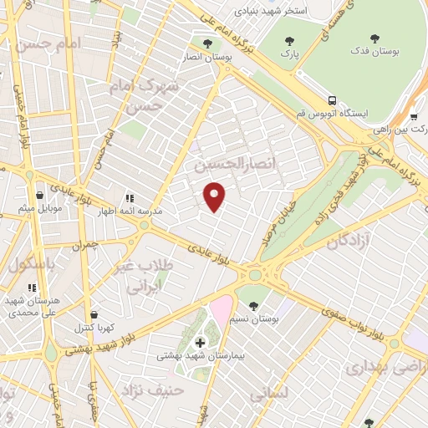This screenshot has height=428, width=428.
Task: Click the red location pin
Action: coord(215,196)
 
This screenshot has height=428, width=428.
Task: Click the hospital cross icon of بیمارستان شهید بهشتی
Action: coord(200,342)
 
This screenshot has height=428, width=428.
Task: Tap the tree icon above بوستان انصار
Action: coord(207,43)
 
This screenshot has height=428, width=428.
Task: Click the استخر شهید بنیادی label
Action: coord(271,12)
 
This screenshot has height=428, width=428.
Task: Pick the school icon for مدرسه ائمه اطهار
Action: coord(130,198)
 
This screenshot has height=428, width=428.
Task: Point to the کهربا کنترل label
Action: coord(97,328)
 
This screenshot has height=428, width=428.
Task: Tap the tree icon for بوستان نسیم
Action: coord(253,306)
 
